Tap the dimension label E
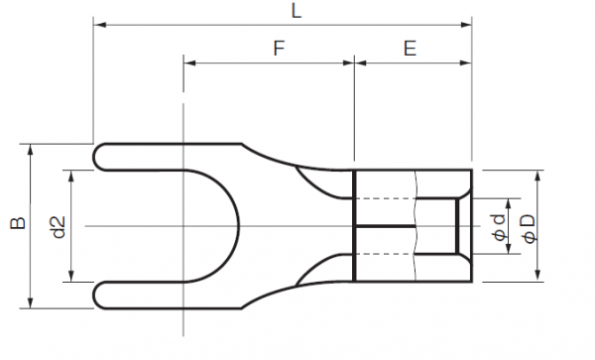click(x=410, y=47)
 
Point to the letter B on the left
click(x=15, y=225)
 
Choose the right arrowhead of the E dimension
click(x=468, y=61)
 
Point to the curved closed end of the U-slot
click(x=237, y=225)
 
